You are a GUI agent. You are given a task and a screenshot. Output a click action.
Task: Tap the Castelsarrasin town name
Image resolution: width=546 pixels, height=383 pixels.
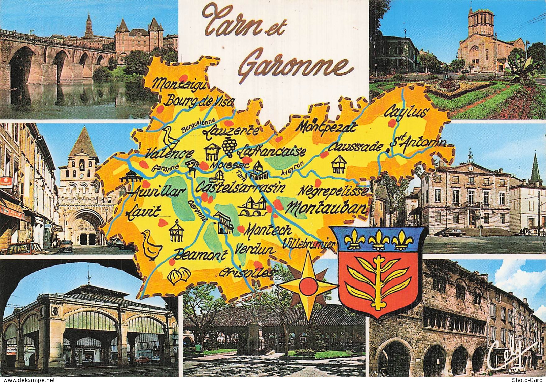[x=241, y=187]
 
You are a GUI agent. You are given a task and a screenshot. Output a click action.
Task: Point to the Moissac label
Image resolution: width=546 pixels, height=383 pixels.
[x=230, y=166]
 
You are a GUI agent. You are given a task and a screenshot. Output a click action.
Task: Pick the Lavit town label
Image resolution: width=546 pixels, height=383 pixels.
[x=144, y=212]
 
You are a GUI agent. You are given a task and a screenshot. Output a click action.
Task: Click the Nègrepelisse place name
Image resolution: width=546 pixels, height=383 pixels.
[x=333, y=191]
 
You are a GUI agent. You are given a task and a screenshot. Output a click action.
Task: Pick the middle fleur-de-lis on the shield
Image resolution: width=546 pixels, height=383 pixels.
[x=378, y=240]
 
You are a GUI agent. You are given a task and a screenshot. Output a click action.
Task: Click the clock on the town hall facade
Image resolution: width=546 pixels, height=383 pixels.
[x=470, y=167]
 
